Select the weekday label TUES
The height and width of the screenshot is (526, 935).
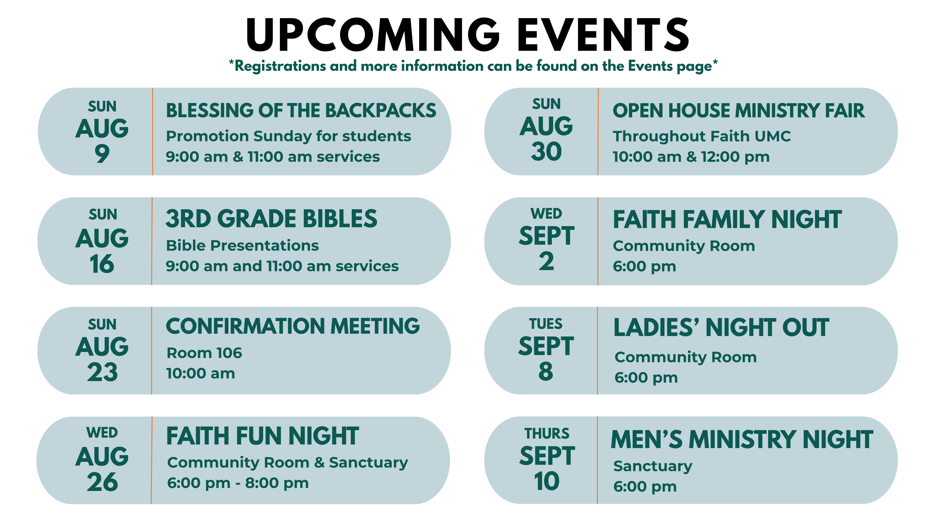click(x=546, y=324)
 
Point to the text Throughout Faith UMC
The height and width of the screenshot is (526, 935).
click(x=702, y=136)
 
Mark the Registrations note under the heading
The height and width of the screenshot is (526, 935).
click(x=473, y=66)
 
